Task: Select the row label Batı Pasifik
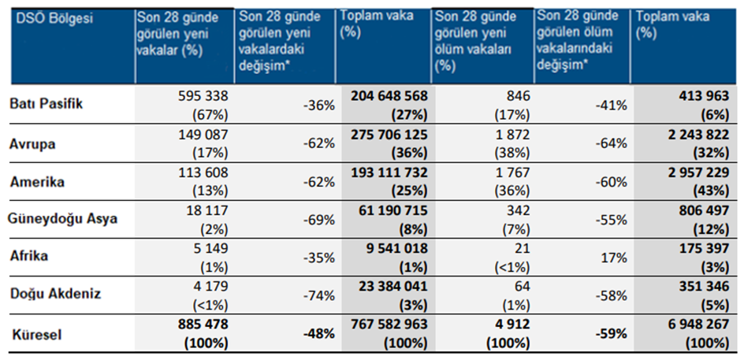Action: pos(46,104)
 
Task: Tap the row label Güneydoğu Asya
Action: pos(63,219)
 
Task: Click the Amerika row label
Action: pos(38,180)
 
